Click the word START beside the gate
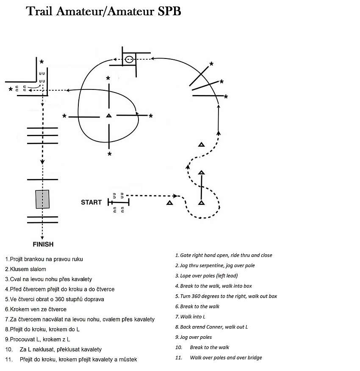pyautogui.click(x=91, y=202)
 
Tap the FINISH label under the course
pyautogui.click(x=43, y=244)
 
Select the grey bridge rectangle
pyautogui.click(x=42, y=199)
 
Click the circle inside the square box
pyautogui.click(x=129, y=59)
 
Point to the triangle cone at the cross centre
pyautogui.click(x=109, y=115)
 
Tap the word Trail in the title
pyautogui.click(x=39, y=11)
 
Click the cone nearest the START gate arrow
pyautogui.click(x=169, y=203)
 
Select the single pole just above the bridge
pyautogui.click(x=42, y=180)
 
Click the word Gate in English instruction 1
pyautogui.click(x=186, y=255)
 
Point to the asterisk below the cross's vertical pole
pyautogui.click(x=109, y=154)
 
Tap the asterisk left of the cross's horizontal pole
pyautogui.click(x=64, y=116)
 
